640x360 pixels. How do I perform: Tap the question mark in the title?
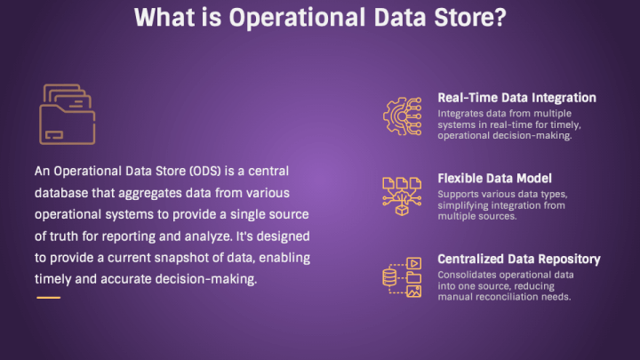(498, 18)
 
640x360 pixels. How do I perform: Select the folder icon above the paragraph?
(68, 115)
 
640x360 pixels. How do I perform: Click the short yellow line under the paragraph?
(49, 298)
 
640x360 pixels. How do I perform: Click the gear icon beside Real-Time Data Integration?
(403, 116)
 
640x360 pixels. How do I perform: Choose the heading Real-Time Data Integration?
(516, 98)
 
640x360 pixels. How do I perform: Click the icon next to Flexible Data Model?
(402, 196)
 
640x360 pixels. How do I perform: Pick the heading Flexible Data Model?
(495, 179)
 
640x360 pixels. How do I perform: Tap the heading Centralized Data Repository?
(519, 260)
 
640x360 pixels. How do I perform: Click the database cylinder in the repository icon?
(389, 277)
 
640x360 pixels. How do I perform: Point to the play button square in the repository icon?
(414, 263)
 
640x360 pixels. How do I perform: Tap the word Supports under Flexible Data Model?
(455, 195)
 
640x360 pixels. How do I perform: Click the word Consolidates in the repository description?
(465, 275)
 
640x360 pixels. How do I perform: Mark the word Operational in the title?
(297, 18)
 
